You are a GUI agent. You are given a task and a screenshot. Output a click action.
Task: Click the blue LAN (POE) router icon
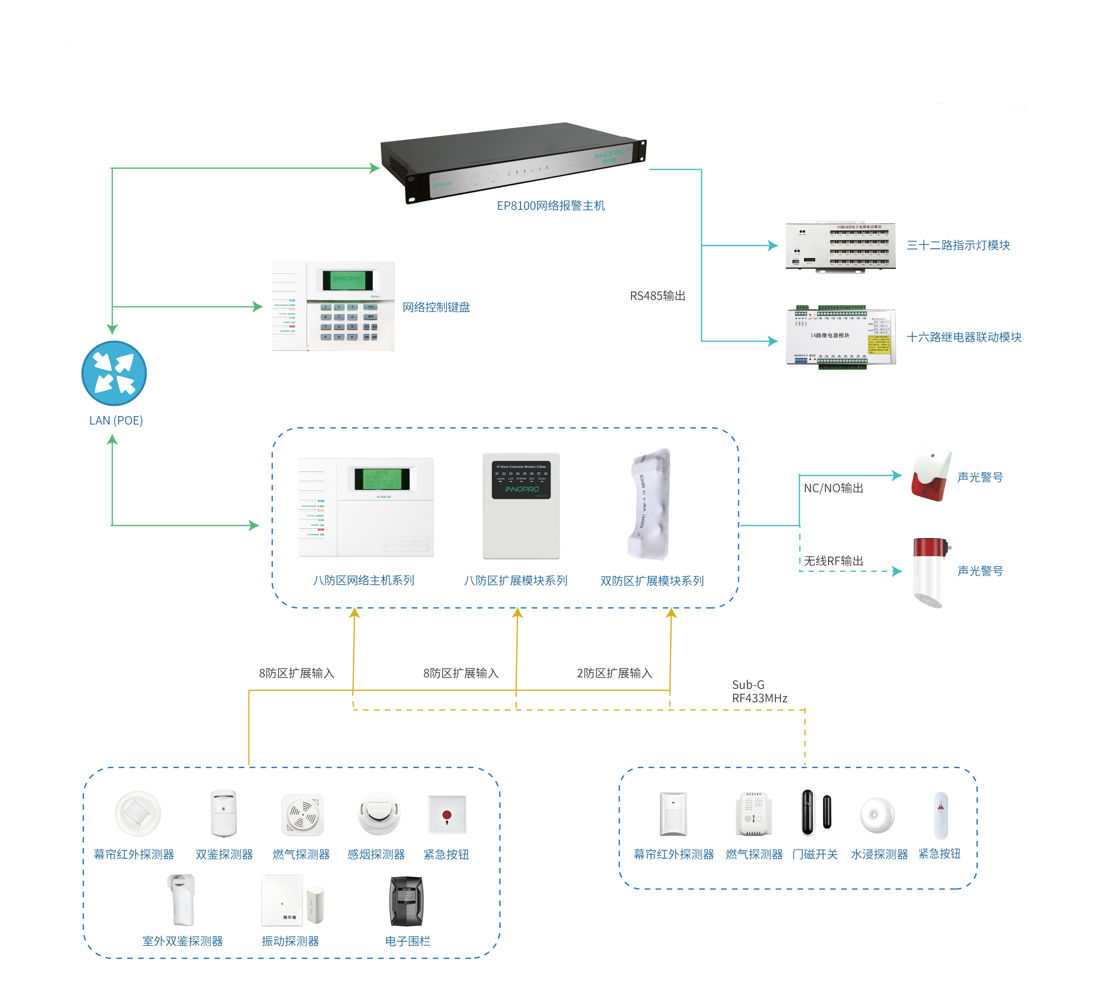tap(114, 373)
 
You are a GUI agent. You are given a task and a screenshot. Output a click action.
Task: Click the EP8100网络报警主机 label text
tap(551, 206)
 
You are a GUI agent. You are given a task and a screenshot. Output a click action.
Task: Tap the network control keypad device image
tap(333, 306)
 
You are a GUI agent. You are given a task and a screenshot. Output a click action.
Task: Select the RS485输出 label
tap(657, 296)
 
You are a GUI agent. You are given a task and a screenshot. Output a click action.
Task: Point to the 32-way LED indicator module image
tap(840, 246)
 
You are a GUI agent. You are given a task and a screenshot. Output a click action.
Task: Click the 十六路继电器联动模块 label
tap(963, 337)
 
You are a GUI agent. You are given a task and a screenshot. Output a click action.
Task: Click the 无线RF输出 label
tap(833, 561)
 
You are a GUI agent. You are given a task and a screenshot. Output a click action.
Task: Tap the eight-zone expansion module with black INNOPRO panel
tap(521, 505)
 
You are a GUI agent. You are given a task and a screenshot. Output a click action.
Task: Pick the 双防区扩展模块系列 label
tap(652, 581)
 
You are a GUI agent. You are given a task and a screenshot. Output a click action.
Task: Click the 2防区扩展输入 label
tap(614, 673)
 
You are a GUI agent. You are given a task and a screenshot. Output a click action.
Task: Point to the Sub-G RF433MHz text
tap(759, 691)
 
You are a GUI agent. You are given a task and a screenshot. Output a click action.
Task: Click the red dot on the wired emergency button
tap(447, 815)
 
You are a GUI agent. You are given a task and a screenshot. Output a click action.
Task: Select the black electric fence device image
tap(406, 902)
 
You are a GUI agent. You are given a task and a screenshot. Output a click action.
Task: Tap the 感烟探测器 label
tap(376, 854)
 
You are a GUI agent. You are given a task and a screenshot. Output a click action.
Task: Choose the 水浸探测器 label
tap(879, 854)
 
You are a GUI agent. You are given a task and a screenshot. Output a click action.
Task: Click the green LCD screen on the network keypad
tap(347, 280)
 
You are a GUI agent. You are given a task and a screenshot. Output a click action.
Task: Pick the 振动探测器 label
tap(290, 941)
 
